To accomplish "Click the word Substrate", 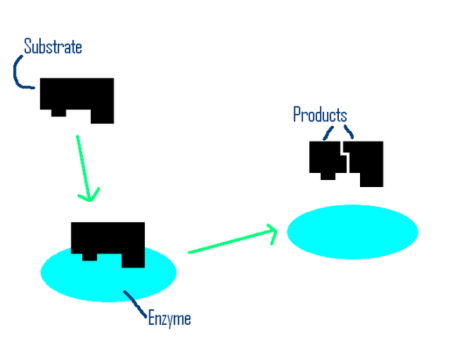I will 52,47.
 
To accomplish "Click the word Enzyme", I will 169,319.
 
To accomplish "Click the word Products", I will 319,115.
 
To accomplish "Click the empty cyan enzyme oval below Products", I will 352,231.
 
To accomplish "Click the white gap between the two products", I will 346,160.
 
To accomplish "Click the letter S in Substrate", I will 28,47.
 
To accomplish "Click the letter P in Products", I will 297,115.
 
